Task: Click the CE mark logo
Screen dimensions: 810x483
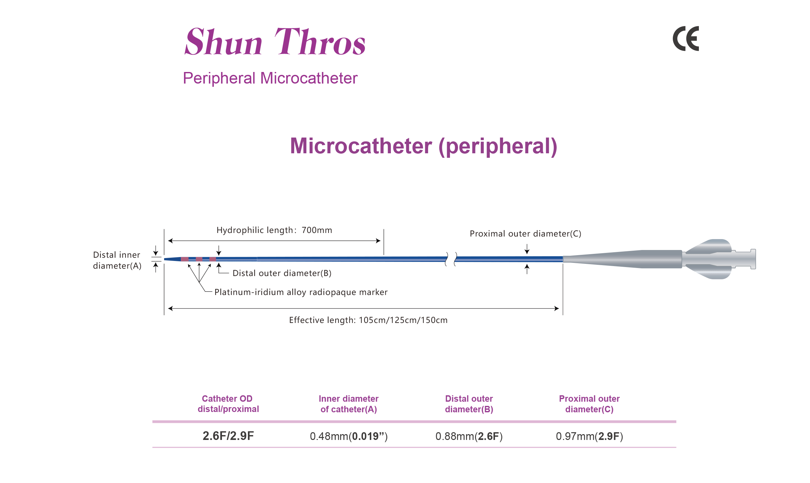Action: click(686, 39)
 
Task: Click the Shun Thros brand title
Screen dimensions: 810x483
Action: click(275, 41)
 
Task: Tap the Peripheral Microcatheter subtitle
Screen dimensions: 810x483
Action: click(270, 78)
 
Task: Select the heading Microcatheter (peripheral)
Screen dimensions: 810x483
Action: click(424, 146)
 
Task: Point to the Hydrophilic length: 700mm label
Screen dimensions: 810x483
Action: click(274, 230)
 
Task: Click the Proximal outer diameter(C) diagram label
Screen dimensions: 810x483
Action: click(525, 234)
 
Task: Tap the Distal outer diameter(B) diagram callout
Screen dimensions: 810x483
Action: click(282, 273)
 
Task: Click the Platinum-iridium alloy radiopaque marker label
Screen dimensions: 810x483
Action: click(301, 292)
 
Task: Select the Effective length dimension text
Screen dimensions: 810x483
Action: click(368, 320)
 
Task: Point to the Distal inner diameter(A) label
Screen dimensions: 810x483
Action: click(117, 260)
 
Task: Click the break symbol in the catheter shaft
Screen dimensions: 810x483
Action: click(451, 259)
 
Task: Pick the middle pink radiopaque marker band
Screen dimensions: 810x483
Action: click(199, 259)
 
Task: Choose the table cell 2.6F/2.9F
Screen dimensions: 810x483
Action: click(228, 436)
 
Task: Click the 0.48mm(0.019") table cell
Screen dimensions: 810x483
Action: click(349, 436)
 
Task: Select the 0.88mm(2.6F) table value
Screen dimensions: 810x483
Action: click(469, 436)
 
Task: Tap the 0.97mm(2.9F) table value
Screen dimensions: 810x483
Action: click(589, 436)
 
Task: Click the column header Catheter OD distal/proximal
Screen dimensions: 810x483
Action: click(228, 404)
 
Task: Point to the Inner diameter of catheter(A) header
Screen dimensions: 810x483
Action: click(349, 404)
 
